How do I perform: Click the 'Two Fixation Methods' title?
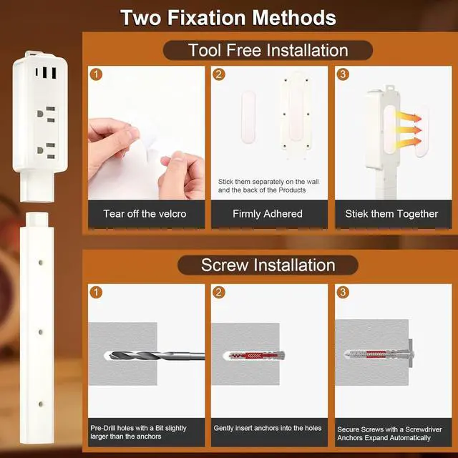(x=228, y=18)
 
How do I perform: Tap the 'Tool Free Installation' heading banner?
(x=268, y=50)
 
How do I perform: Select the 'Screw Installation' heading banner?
(x=268, y=265)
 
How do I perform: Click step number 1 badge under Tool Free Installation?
(x=96, y=74)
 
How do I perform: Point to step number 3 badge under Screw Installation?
(x=343, y=292)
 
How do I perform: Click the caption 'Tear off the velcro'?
(x=145, y=214)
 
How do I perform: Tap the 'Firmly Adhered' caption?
(x=268, y=214)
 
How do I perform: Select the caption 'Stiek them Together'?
(x=391, y=214)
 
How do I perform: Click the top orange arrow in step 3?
(x=409, y=117)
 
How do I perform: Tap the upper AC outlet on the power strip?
(x=47, y=114)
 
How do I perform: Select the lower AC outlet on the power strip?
(x=47, y=150)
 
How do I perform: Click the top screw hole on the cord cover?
(x=41, y=263)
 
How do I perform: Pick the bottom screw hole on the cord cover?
(x=41, y=404)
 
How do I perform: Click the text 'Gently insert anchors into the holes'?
(x=267, y=428)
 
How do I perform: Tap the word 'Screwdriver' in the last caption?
(x=424, y=429)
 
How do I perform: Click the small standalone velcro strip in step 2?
(x=248, y=117)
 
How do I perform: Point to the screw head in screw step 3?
(x=411, y=354)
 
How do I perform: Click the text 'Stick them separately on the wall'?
(x=268, y=182)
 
